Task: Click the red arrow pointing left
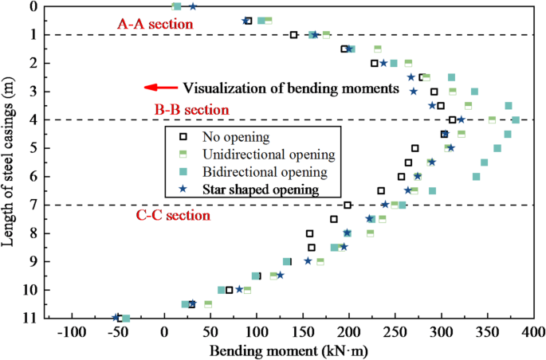pos(159,88)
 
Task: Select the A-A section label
pos(155,25)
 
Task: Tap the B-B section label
pos(192,109)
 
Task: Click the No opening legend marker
pos(182,136)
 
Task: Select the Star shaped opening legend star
pos(182,190)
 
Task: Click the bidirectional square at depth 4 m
pos(516,120)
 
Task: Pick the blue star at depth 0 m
pos(192,6)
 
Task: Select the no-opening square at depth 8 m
pos(310,233)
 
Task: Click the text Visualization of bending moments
pos(291,88)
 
